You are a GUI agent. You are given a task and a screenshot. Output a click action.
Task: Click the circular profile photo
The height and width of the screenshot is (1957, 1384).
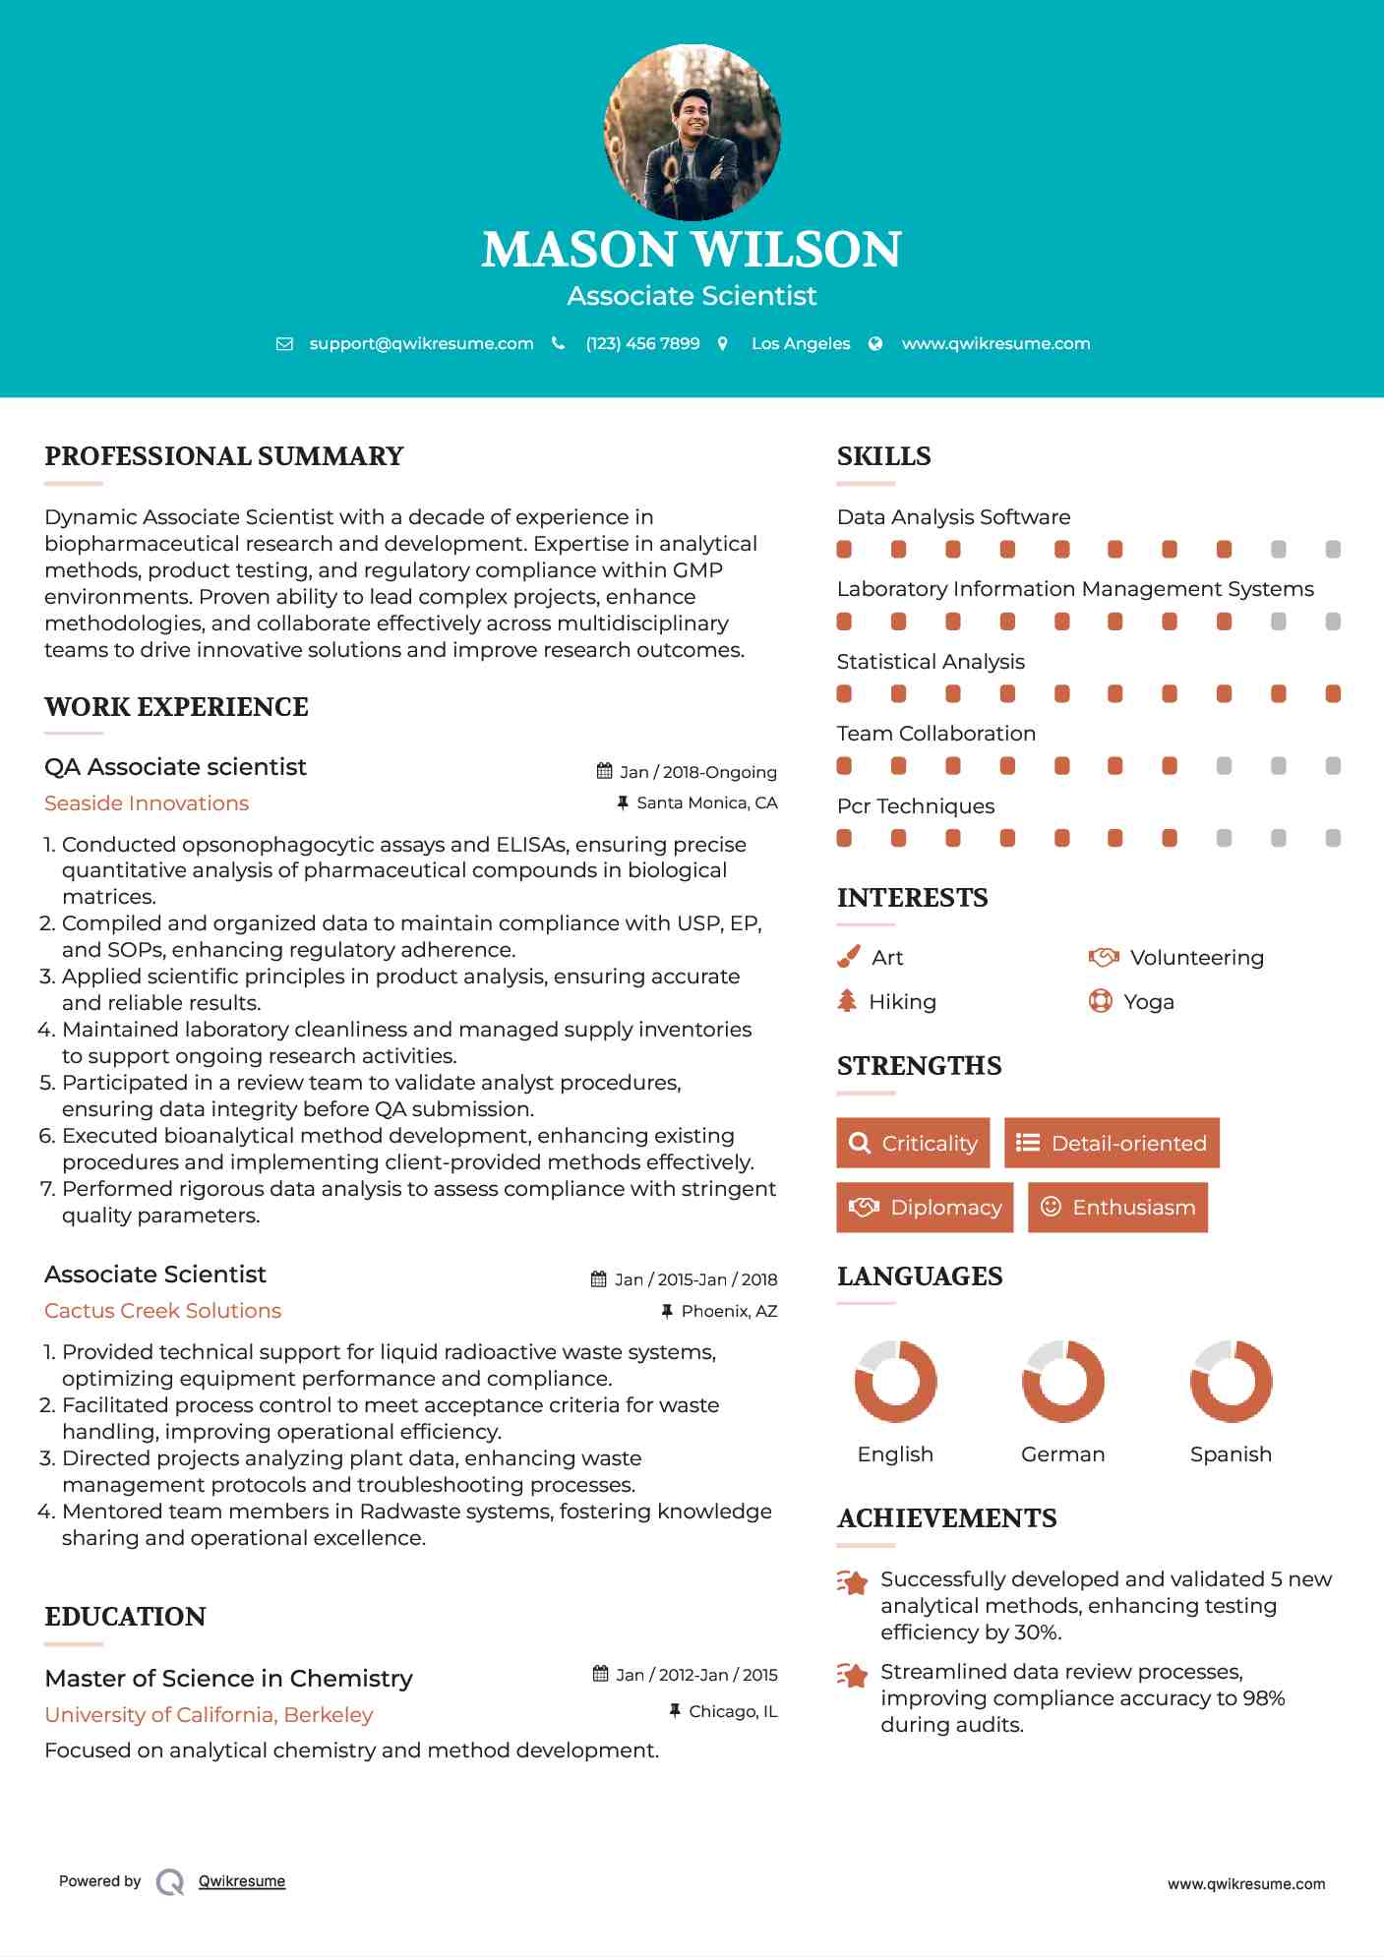click(692, 131)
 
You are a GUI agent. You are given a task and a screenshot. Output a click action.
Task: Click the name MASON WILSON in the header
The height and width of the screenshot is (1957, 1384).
click(692, 250)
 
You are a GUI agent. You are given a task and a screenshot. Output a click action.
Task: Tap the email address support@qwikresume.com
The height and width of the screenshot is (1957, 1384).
click(421, 343)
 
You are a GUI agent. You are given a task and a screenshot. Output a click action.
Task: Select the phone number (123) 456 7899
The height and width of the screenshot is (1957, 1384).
click(642, 343)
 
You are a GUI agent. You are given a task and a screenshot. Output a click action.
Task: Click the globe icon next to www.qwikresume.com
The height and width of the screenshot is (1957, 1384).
click(875, 343)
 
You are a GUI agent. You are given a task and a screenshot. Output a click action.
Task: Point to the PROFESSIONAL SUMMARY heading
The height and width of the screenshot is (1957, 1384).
click(224, 456)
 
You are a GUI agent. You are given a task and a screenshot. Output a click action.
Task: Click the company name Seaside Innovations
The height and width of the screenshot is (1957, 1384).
click(147, 803)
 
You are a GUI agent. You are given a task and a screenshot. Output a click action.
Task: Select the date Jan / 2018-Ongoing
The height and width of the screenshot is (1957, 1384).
click(697, 772)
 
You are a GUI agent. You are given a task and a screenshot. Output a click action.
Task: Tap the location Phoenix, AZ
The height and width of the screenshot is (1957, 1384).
click(729, 1311)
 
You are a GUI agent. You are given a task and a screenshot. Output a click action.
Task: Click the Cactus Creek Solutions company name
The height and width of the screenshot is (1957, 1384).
click(162, 1311)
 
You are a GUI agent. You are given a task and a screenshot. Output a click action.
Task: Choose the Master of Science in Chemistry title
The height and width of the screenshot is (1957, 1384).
click(228, 1679)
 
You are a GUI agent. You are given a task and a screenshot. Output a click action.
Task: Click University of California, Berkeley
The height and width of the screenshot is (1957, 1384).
click(209, 1715)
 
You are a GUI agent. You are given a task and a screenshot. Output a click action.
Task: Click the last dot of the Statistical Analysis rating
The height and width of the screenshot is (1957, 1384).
click(1333, 694)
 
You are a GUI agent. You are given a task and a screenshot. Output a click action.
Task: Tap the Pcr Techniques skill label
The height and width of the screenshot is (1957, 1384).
click(915, 806)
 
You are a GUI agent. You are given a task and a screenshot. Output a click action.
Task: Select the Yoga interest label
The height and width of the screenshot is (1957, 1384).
click(1149, 1002)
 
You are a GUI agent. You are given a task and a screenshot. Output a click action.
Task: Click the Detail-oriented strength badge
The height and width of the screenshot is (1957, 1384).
click(1112, 1143)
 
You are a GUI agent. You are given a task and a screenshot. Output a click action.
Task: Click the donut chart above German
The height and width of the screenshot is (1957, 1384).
click(1063, 1381)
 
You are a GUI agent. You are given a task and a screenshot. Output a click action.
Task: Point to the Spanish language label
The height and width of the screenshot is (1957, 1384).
click(1231, 1454)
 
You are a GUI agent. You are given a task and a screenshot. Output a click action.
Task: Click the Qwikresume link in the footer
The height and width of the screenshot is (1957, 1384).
click(242, 1881)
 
